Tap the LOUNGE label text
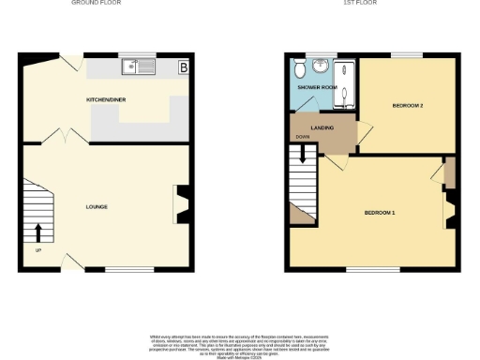(97, 206)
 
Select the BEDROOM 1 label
(380, 213)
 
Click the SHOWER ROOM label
(318, 87)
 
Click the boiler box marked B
(183, 67)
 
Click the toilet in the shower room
(297, 69)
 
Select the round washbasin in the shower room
(320, 66)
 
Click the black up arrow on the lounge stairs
(38, 232)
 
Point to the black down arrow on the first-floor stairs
(302, 158)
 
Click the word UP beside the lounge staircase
(37, 250)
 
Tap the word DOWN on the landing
(302, 137)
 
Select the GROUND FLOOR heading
(97, 3)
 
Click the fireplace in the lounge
(181, 204)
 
